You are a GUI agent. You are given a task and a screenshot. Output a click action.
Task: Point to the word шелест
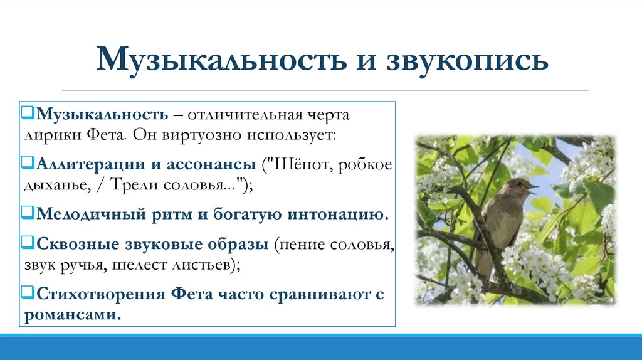click(x=135, y=263)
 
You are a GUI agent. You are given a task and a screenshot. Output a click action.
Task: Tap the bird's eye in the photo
click(x=517, y=184)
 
